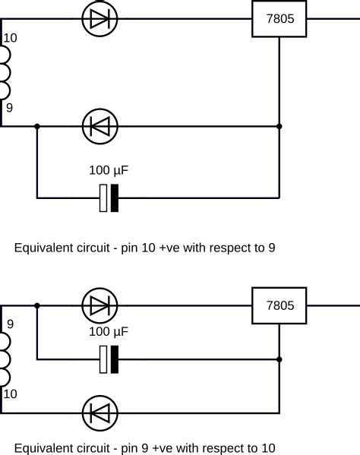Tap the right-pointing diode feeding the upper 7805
click(x=99, y=21)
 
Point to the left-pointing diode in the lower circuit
click(x=99, y=413)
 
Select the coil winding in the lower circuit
click(x=6, y=358)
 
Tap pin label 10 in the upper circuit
click(x=9, y=38)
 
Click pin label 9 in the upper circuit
click(x=9, y=108)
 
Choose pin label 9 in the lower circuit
click(x=9, y=324)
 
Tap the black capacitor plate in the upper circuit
click(x=115, y=198)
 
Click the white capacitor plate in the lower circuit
click(x=103, y=359)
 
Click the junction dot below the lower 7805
click(x=279, y=359)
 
